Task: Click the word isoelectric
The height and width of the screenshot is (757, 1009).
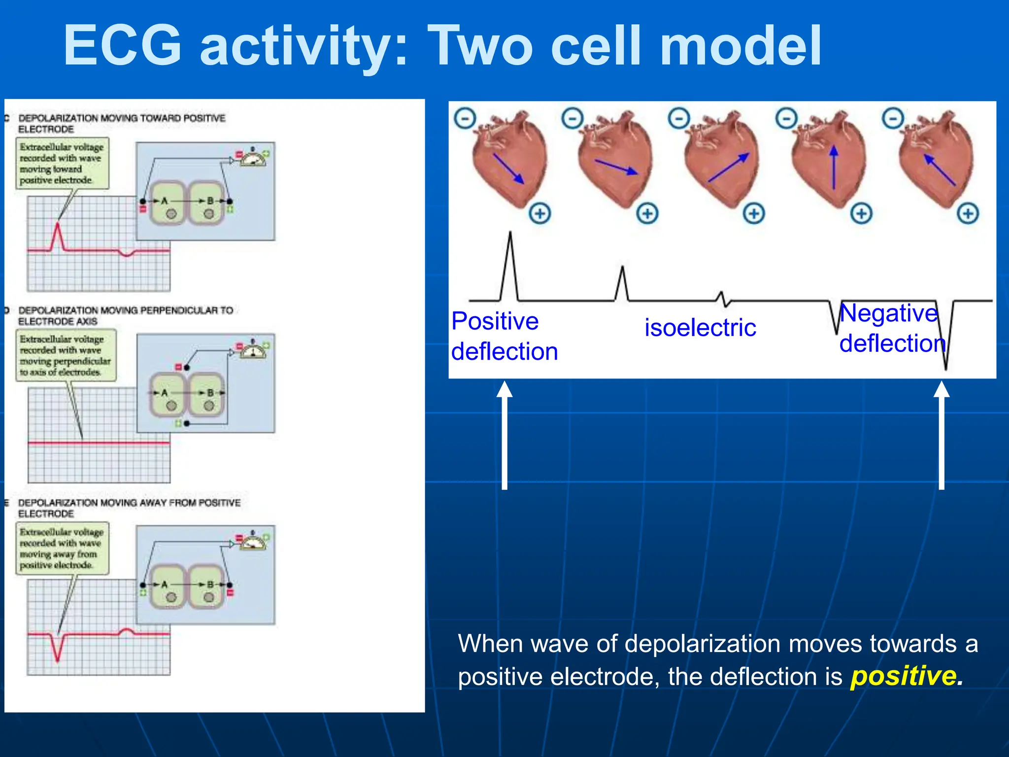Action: point(700,328)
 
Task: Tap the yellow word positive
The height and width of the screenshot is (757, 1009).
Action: point(903,676)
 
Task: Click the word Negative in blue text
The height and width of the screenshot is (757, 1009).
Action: point(888,313)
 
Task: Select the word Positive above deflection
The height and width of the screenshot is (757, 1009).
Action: point(495,321)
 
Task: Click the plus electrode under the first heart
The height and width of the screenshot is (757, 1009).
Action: point(540,213)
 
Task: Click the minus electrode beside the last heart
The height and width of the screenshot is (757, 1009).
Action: point(893,118)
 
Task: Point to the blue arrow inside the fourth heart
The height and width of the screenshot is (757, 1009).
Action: point(834,168)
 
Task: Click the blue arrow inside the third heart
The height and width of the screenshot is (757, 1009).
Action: point(728,168)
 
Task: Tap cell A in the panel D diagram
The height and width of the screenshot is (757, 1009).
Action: point(167,394)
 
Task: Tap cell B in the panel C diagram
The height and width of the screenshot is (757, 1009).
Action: point(207,203)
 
